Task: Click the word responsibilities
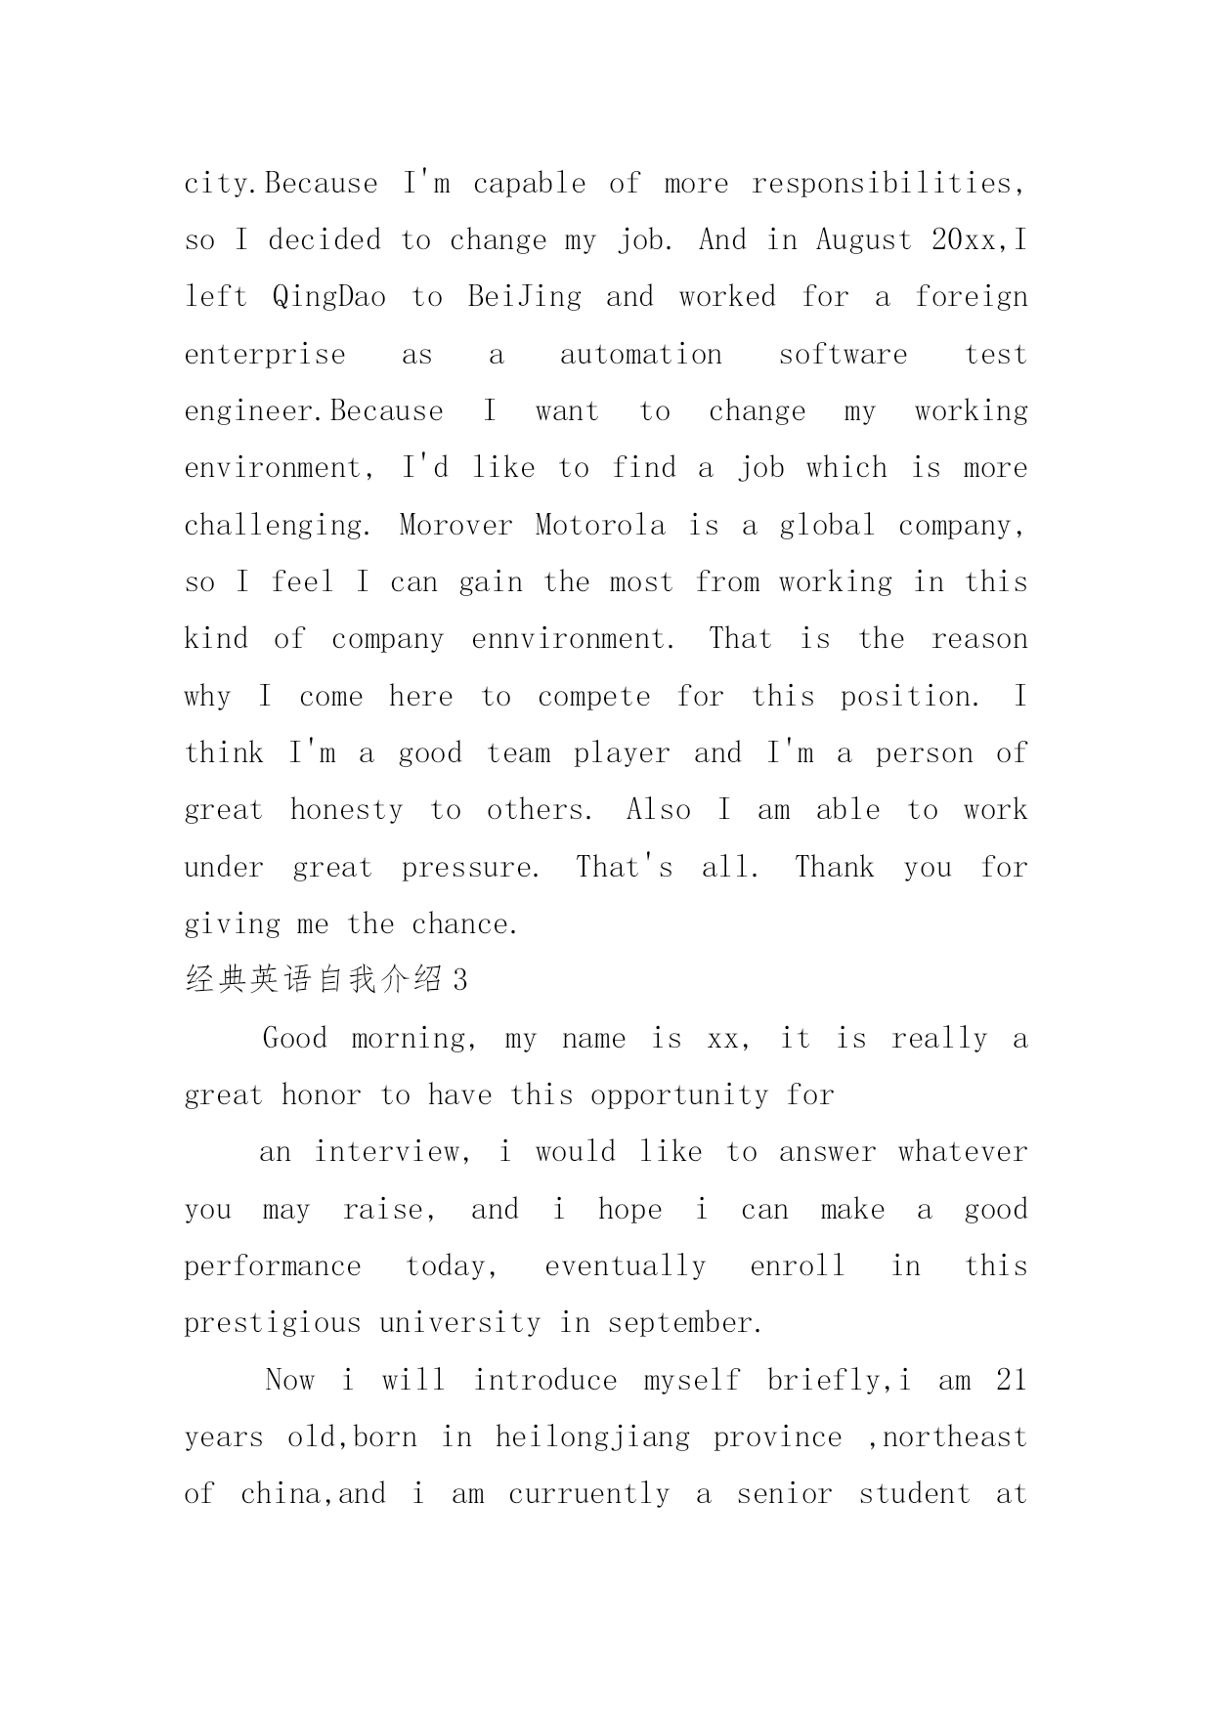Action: (888, 184)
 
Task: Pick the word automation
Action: (640, 355)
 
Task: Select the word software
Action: (843, 355)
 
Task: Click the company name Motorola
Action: (600, 526)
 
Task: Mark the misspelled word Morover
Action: (455, 526)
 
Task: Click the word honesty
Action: (346, 811)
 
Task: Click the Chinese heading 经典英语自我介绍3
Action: (326, 980)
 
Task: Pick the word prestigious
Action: (272, 1324)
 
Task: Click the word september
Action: (683, 1324)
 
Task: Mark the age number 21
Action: (1011, 1381)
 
